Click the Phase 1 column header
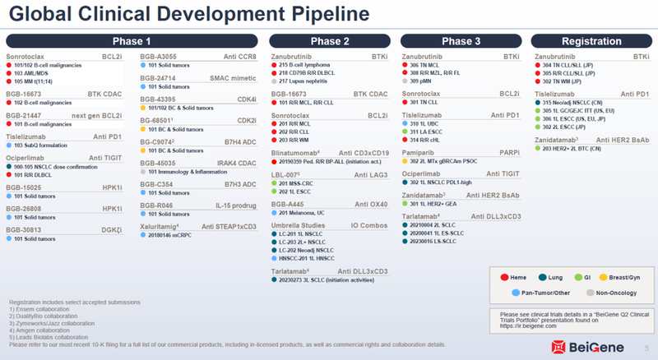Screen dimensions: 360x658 tap(132, 41)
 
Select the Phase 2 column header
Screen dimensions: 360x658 tap(329, 41)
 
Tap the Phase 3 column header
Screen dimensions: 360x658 tap(461, 41)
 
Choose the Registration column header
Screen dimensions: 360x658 tap(591, 41)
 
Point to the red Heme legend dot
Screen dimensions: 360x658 tap(503, 277)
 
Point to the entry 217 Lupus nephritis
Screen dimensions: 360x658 tap(309, 81)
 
